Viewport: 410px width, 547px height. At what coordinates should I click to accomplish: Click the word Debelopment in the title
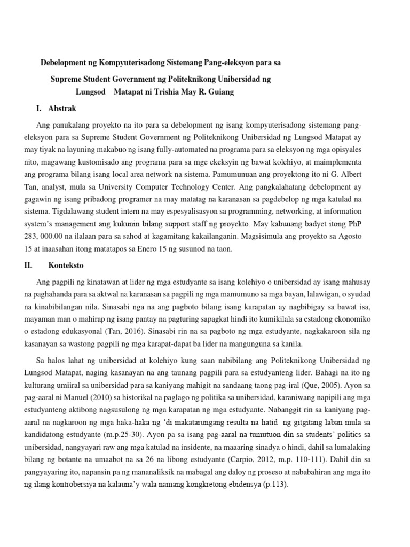coord(65,62)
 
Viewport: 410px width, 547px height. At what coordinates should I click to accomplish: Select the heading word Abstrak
coord(62,108)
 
